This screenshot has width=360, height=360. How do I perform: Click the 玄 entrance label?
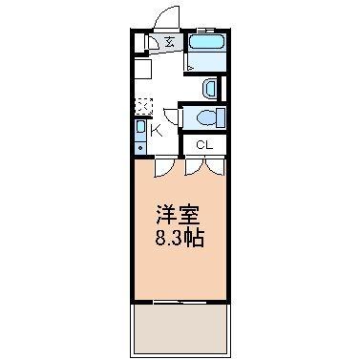tap(169, 42)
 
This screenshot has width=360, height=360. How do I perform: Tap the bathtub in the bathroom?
tap(204, 42)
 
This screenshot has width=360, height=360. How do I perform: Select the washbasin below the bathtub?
tap(211, 87)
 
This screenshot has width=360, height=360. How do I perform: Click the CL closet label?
tap(203, 144)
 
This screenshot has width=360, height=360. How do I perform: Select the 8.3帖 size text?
tap(179, 236)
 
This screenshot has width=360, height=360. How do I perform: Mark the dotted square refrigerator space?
tap(142, 106)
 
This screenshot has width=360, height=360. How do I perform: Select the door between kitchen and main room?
tap(165, 164)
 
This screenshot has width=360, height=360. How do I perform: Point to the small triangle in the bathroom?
tap(190, 67)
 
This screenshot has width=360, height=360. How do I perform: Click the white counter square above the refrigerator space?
tap(140, 71)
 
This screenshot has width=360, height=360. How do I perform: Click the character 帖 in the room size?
tap(195, 236)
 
